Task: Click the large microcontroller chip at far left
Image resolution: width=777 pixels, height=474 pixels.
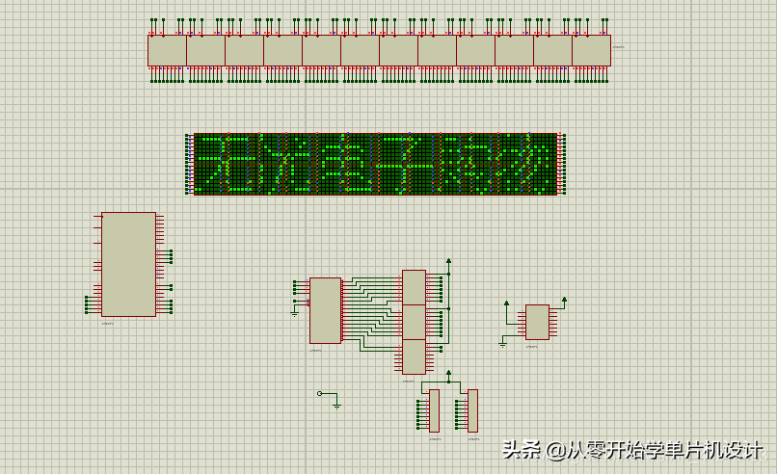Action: [128, 264]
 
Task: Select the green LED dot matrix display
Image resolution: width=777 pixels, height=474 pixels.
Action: [376, 164]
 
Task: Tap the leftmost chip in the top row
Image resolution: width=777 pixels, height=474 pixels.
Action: [167, 50]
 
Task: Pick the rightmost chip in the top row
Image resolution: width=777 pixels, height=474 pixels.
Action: [591, 50]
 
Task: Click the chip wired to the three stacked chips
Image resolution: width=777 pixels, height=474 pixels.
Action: [325, 310]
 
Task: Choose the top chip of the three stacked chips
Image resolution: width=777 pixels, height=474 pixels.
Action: [414, 287]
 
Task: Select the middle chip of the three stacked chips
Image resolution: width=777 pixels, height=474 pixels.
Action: [414, 322]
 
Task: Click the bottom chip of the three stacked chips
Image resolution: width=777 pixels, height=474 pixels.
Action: [414, 356]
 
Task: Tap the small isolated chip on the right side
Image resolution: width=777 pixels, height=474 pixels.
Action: [537, 322]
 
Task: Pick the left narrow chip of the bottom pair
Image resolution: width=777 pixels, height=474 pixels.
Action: [434, 410]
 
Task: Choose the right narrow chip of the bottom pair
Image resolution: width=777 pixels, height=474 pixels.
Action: [472, 410]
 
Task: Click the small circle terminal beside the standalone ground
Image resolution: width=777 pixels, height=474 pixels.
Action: [320, 393]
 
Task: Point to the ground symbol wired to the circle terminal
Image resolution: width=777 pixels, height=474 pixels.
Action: [336, 405]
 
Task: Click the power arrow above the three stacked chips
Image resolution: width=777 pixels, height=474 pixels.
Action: [448, 260]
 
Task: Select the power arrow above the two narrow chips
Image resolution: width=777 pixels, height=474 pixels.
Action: [448, 372]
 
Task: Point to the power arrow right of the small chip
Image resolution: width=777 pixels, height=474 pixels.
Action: [564, 301]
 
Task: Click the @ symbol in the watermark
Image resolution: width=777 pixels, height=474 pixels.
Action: [555, 450]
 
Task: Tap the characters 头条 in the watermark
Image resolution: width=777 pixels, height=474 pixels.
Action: [522, 450]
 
